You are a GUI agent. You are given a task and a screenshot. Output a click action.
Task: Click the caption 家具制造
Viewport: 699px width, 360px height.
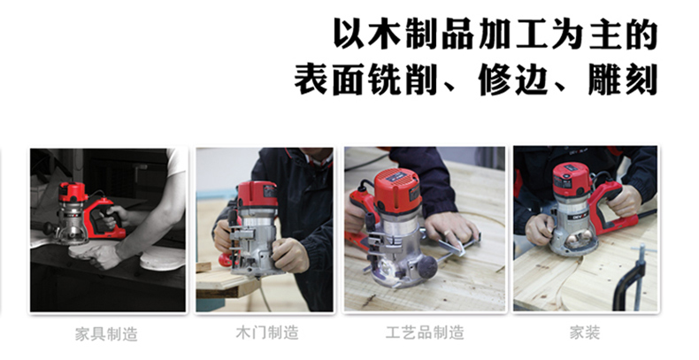pyautogui.click(x=106, y=333)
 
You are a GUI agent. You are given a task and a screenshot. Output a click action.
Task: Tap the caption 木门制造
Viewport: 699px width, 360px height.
pyautogui.click(x=266, y=333)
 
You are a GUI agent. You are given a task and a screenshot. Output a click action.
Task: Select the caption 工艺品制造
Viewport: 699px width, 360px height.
pyautogui.click(x=425, y=333)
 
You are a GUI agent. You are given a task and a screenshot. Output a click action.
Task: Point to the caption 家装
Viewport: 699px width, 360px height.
pyautogui.click(x=585, y=333)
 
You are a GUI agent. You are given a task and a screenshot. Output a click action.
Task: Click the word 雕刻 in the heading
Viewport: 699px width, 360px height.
pyautogui.click(x=623, y=80)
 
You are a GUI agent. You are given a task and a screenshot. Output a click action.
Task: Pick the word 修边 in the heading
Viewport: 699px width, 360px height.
pyautogui.click(x=513, y=80)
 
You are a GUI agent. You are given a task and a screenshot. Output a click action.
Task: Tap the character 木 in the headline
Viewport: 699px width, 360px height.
pyautogui.click(x=384, y=34)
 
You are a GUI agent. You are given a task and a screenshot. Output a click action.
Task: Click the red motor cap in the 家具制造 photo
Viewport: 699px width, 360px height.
pyautogui.click(x=73, y=192)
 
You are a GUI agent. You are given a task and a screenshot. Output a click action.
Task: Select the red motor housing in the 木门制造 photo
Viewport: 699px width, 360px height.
pyautogui.click(x=257, y=195)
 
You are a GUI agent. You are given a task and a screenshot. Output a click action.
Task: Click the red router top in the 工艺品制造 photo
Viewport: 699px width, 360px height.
pyautogui.click(x=397, y=190)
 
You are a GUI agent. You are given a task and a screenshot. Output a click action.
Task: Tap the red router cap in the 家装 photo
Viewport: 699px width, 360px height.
pyautogui.click(x=572, y=180)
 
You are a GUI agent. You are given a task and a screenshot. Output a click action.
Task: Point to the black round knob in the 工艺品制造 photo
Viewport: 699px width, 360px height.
pyautogui.click(x=427, y=267)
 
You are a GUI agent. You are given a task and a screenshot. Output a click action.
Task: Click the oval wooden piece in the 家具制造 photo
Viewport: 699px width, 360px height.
pyautogui.click(x=162, y=258)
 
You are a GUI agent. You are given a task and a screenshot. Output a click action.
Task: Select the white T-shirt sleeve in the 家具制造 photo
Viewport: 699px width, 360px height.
pyautogui.click(x=176, y=163)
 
